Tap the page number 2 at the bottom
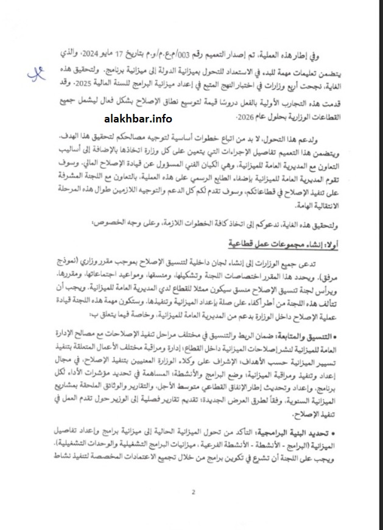click(x=192, y=493)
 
